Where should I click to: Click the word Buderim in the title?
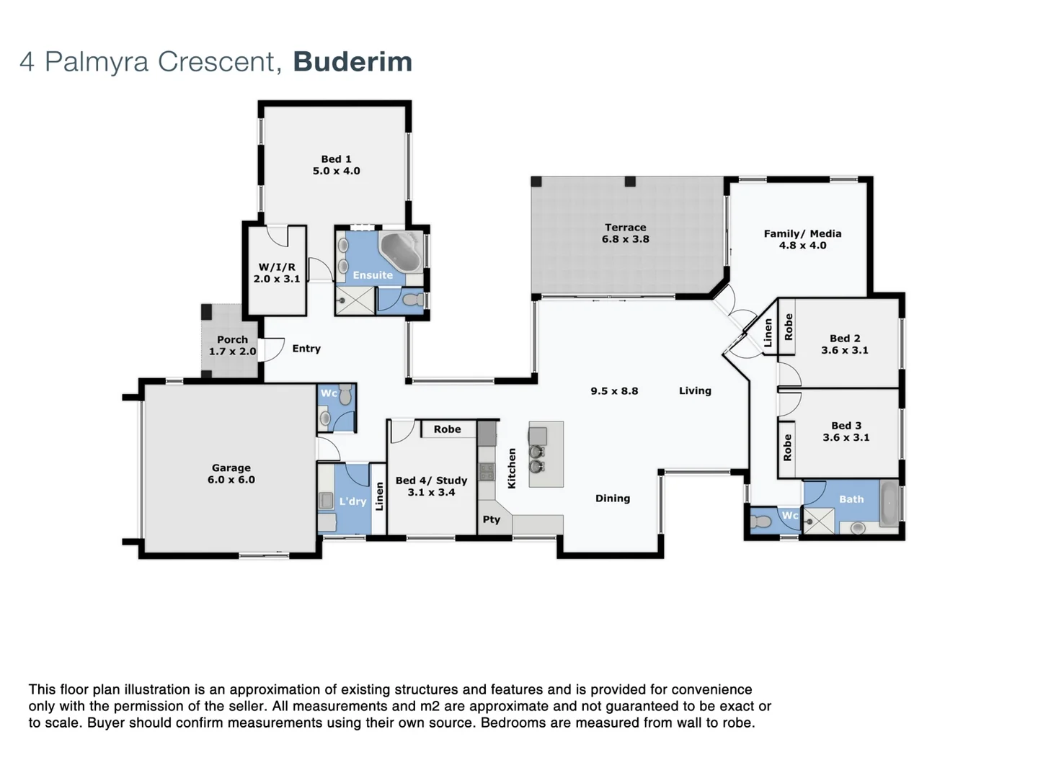click(352, 62)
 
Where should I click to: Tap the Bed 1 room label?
click(336, 159)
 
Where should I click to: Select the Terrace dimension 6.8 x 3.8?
click(625, 239)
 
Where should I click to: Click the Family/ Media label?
click(802, 233)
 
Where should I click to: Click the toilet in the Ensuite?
click(413, 300)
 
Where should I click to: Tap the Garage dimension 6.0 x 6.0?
click(231, 480)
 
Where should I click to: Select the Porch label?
click(232, 339)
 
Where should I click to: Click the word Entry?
click(306, 349)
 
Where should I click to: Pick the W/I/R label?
click(277, 267)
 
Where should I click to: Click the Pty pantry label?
click(492, 519)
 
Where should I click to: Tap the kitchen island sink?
click(537, 459)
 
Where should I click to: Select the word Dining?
click(612, 498)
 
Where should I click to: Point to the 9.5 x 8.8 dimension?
click(614, 391)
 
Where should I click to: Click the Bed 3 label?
click(846, 426)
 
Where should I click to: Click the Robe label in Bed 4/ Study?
click(447, 429)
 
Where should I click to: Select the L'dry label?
click(352, 501)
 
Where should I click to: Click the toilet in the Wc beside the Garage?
click(345, 395)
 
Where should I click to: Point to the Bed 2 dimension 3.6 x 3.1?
click(844, 351)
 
